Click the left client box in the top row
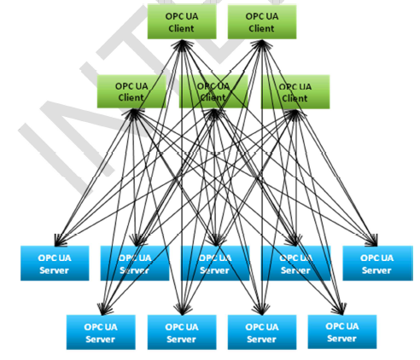181,21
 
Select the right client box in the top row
262,21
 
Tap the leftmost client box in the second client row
131,91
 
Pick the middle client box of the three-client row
213,91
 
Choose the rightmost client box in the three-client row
295,91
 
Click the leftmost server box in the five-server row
55,263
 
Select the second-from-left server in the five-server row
135,263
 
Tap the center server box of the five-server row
215,263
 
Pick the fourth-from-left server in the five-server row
295,263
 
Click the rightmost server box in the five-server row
376,263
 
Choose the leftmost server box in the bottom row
101,332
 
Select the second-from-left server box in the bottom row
181,332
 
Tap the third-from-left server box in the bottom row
261,332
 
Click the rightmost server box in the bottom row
341,332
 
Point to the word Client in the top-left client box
181,28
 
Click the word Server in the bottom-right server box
341,338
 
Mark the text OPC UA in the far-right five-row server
376,257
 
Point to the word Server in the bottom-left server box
101,339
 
